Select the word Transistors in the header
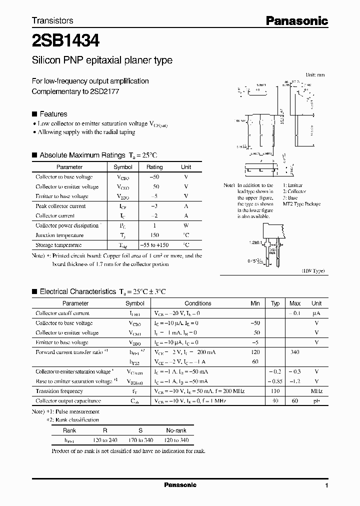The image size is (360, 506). (52, 20)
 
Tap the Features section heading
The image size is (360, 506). (53, 114)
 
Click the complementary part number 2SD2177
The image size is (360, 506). (104, 91)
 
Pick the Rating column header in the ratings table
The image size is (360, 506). (154, 167)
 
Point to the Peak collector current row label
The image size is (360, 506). (60, 206)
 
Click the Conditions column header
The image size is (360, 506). (198, 303)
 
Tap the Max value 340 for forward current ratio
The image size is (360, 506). (294, 352)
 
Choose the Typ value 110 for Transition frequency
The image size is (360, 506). (275, 391)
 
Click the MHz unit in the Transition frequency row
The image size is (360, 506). (316, 391)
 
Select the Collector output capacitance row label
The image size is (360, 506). (68, 401)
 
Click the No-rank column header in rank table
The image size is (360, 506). (176, 430)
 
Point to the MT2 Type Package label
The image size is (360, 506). (301, 204)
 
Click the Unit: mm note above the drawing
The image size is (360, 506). (315, 74)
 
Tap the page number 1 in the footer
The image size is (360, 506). (326, 485)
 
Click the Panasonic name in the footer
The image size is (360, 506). (180, 485)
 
